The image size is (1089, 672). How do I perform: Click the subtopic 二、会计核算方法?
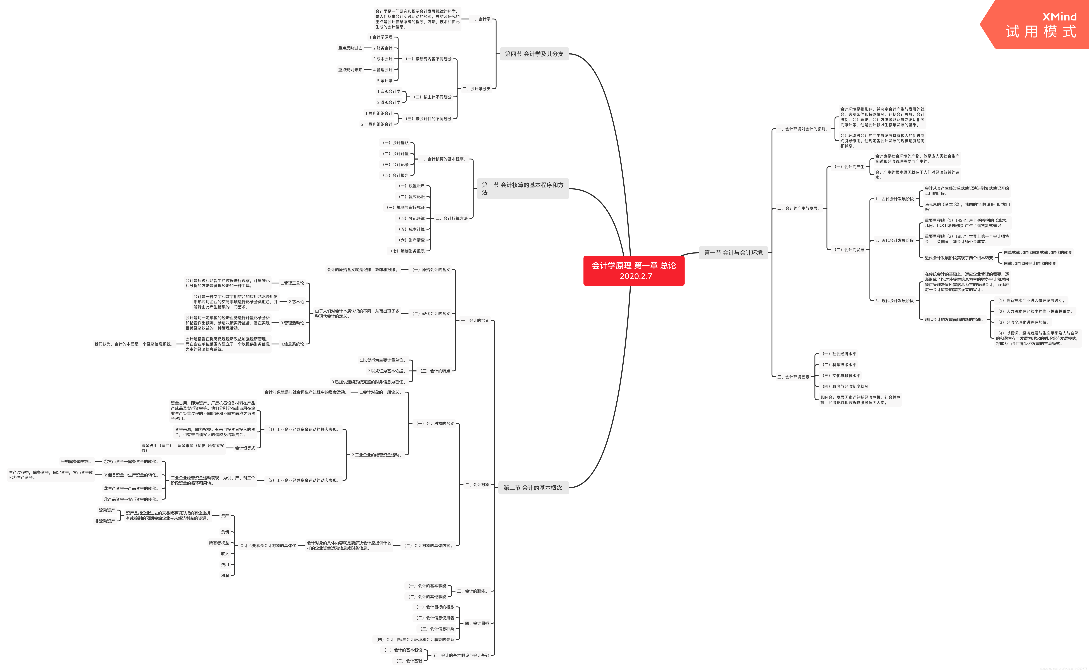(x=451, y=218)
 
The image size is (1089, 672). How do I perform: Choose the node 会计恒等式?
(x=245, y=448)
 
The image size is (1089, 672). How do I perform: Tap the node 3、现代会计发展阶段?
(x=894, y=301)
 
